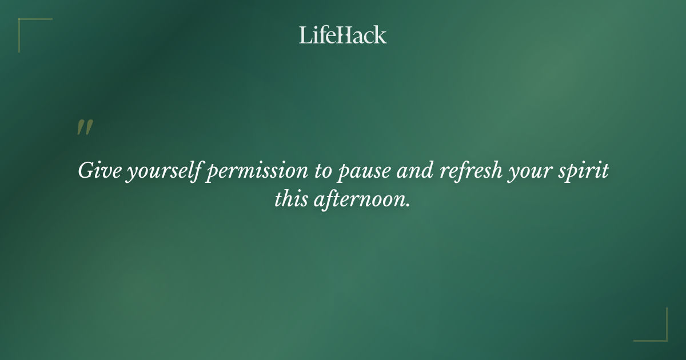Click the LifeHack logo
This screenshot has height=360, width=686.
click(x=343, y=35)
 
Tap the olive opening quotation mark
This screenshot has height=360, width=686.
click(x=84, y=127)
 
